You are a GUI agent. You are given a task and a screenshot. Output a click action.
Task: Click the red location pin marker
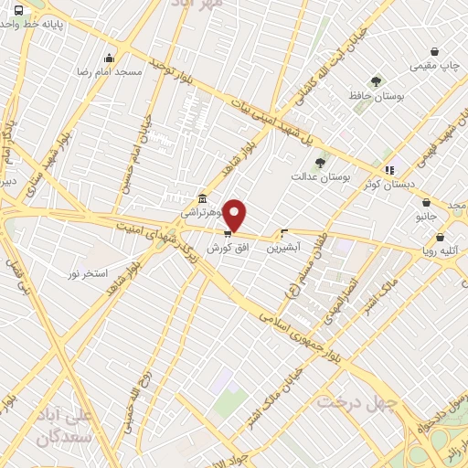coord(235,215)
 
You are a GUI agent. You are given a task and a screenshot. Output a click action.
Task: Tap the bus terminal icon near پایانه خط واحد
coord(19,10)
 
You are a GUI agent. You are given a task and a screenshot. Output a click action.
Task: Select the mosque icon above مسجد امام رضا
coord(110,57)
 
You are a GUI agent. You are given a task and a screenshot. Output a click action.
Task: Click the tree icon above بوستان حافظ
coord(376,81)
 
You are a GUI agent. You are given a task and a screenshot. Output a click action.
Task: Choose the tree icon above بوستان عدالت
coord(319,162)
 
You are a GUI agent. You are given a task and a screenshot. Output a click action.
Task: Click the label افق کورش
coord(227,248)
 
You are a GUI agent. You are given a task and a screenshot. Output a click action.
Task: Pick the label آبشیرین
coord(284,247)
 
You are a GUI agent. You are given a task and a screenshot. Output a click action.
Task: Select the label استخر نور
coord(88,273)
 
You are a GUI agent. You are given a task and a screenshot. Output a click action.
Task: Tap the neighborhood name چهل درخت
coord(358,402)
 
